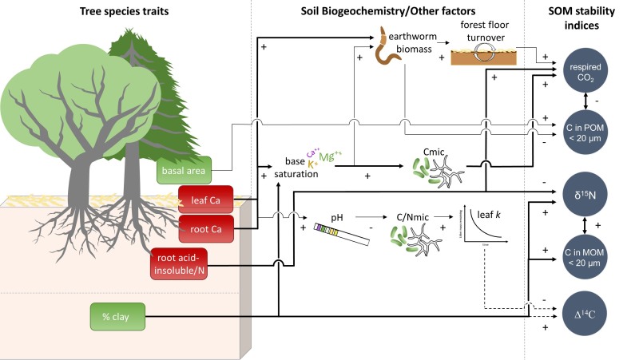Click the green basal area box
pyautogui.click(x=184, y=170)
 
